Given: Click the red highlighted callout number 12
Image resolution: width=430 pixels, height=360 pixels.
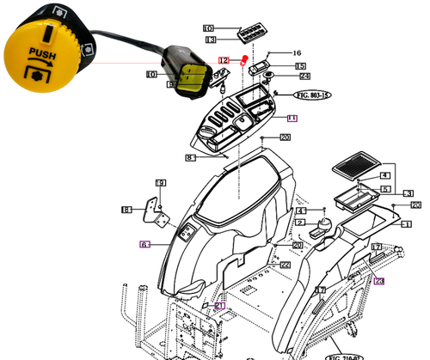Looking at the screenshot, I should click(x=223, y=61).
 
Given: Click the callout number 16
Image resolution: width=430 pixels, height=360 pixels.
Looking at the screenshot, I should click(x=298, y=52).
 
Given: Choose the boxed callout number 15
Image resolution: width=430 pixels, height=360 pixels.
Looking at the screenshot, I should click(x=299, y=66).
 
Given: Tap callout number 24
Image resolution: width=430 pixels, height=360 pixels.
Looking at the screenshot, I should click(x=305, y=76).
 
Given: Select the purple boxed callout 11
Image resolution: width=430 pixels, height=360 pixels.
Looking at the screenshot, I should click(x=292, y=117).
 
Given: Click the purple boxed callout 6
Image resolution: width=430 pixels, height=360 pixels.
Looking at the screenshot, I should click(x=144, y=244).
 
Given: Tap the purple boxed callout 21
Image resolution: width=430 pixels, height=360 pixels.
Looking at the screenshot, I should click(x=218, y=305).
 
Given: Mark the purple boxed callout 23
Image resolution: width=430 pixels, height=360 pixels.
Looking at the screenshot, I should click(x=378, y=280).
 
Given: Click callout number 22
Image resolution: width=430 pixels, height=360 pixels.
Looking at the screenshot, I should click(x=285, y=265).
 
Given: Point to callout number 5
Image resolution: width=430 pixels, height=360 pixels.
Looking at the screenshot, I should click(x=385, y=188).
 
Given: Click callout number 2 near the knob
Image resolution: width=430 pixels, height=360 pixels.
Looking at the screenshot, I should click(x=299, y=223).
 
